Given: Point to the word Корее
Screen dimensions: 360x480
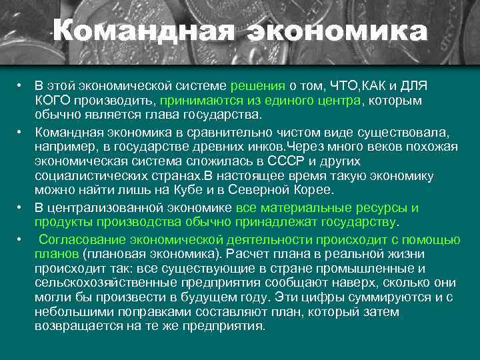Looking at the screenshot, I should [313, 190].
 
